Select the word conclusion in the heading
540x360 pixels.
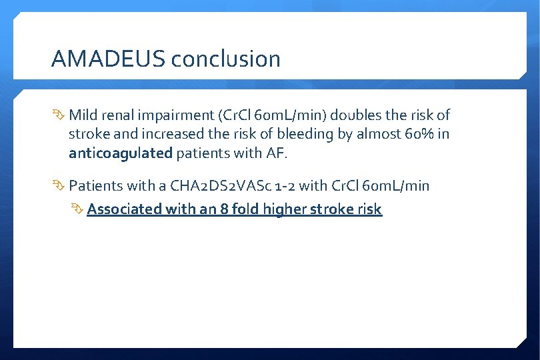tap(225, 59)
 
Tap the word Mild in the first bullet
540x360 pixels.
tap(83, 115)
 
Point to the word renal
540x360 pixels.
tap(119, 115)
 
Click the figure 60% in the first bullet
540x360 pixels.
tap(421, 134)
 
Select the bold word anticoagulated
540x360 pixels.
tap(120, 153)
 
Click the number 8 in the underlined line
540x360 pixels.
tap(224, 209)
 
